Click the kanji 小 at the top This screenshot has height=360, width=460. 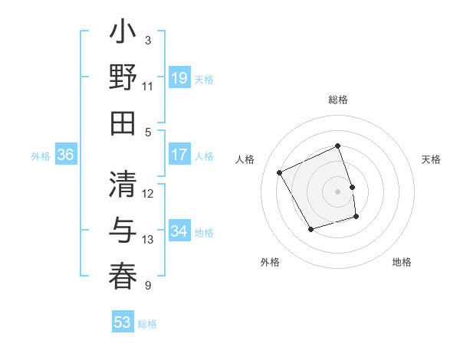click(123, 34)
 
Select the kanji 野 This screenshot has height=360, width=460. click(123, 78)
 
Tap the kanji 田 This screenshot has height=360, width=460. click(123, 123)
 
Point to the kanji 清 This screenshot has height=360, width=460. click(123, 185)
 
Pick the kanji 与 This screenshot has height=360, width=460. click(123, 231)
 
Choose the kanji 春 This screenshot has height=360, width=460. click(123, 277)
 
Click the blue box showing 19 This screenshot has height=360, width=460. click(179, 78)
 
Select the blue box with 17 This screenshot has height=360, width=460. click(179, 155)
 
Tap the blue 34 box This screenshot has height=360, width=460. click(179, 231)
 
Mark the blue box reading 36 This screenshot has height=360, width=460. click(66, 155)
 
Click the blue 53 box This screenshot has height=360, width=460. click(123, 322)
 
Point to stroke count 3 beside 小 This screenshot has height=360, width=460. click(148, 40)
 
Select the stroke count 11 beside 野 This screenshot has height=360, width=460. click(148, 86)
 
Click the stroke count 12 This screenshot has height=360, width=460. click(148, 193)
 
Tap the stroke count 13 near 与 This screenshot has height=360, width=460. click(148, 239)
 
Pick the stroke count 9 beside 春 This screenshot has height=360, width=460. click(148, 286)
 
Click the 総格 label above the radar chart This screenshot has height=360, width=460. click(338, 100)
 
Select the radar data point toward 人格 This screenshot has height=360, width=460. click(280, 173)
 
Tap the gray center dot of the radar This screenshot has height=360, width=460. click(338, 191)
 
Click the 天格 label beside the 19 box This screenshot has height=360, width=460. click(204, 79)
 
